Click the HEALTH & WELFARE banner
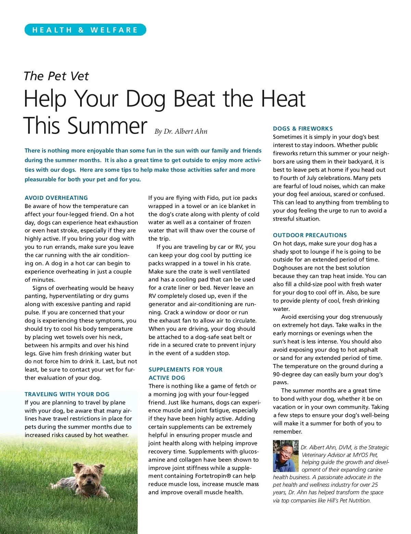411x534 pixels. click(x=85, y=30)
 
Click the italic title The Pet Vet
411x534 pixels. click(x=56, y=76)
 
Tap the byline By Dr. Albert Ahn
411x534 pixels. click(x=181, y=131)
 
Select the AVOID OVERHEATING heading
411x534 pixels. click(x=56, y=198)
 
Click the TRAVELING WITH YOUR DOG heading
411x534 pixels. click(x=67, y=394)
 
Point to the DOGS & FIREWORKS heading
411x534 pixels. click(x=303, y=129)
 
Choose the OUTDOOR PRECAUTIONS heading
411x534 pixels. click(x=310, y=235)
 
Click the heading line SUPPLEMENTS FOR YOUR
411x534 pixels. click(x=185, y=369)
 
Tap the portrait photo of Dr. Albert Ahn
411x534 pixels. click(x=286, y=456)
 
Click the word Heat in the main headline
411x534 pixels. click(x=283, y=99)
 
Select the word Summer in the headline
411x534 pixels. click(x=107, y=125)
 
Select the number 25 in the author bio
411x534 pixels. click(x=374, y=485)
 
